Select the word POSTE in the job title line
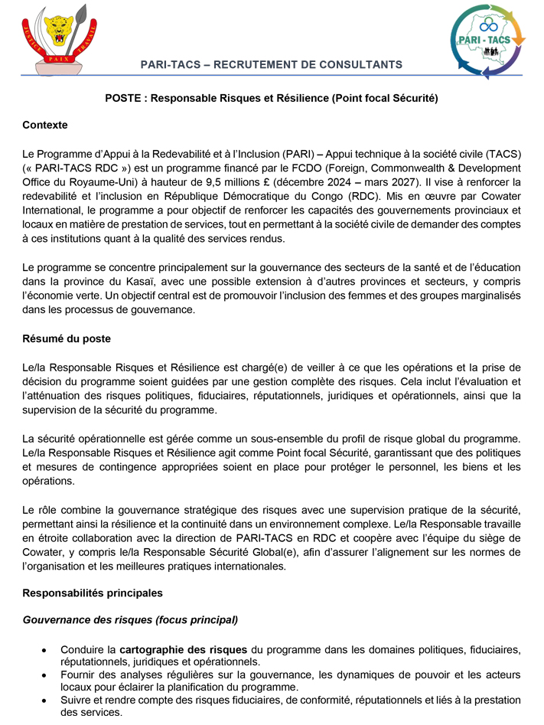(121, 98)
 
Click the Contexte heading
(45, 125)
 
